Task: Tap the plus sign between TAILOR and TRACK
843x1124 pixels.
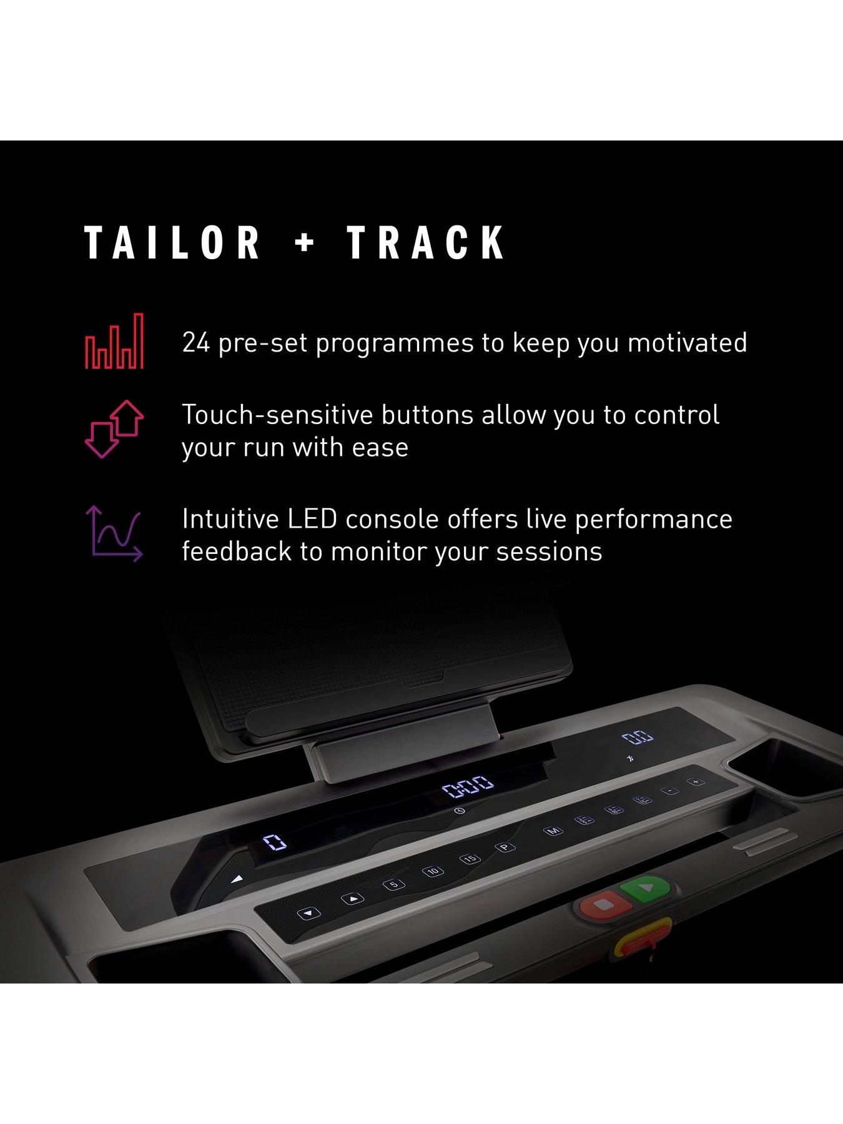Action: point(304,243)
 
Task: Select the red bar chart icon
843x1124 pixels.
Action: point(114,341)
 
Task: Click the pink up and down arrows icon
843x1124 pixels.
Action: point(114,430)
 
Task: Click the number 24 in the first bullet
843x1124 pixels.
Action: point(195,343)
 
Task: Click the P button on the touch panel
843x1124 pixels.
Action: point(504,847)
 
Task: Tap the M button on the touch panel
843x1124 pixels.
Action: point(553,831)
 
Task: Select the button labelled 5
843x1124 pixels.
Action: point(393,884)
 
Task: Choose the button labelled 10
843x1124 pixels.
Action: point(433,871)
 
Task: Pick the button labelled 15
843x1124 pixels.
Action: point(470,859)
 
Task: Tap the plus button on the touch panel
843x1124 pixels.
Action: point(695,782)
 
